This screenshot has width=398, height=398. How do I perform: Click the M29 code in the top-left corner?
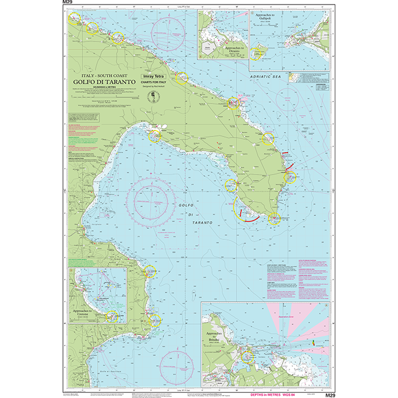pos(64,3)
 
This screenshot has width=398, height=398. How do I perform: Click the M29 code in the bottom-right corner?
pos(329,394)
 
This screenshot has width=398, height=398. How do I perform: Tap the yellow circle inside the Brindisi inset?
pos(247,356)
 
